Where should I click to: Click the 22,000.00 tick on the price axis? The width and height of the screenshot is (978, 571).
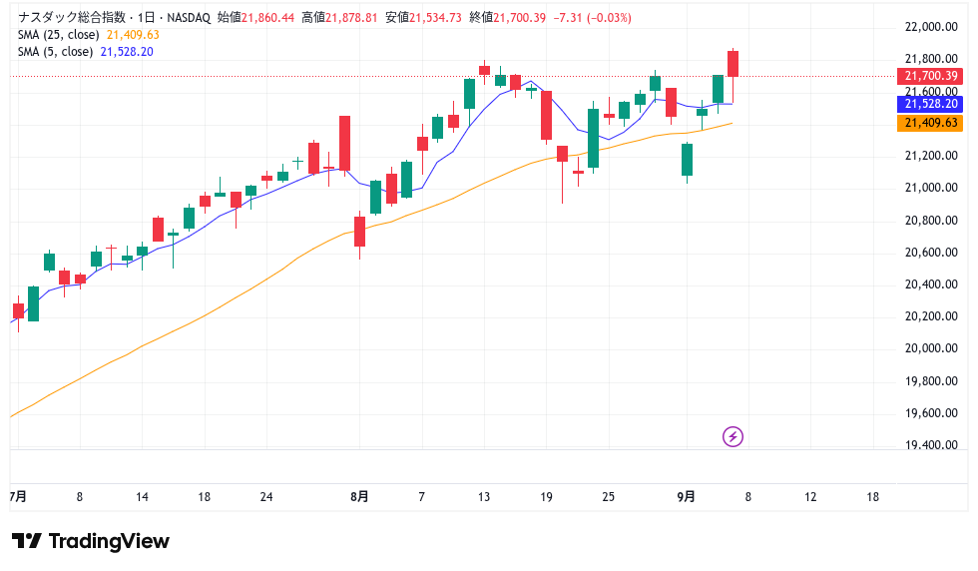(931, 27)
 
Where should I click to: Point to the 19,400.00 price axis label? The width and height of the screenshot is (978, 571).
(931, 445)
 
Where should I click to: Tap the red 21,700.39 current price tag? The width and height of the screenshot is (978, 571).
(931, 76)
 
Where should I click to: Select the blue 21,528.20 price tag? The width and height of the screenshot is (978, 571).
(931, 104)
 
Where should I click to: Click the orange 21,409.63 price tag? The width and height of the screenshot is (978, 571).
(931, 123)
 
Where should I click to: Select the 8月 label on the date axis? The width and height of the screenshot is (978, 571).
(360, 496)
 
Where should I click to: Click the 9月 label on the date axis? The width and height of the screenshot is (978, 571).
(686, 496)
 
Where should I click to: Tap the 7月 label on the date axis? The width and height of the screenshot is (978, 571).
(17, 496)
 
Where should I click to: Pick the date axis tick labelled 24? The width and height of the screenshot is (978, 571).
(266, 496)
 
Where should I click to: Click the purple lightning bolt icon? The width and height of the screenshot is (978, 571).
(733, 436)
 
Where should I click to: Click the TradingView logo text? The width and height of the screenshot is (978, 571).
(109, 541)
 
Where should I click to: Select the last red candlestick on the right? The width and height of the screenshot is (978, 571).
(733, 64)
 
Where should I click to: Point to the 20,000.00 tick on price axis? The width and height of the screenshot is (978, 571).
(931, 348)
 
